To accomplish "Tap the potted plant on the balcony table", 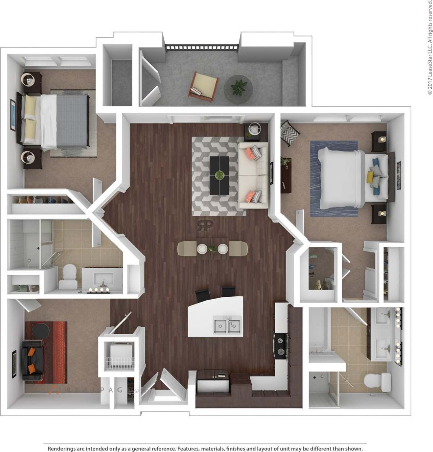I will tap(238, 87).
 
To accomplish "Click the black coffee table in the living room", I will tap(219, 175).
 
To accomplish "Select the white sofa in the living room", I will tap(253, 175).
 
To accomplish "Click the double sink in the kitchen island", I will tap(227, 324).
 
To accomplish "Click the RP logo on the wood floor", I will tap(205, 225).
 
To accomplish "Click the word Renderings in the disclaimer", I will tap(62, 449).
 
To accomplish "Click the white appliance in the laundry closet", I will tap(119, 351).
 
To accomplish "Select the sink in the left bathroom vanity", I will tap(103, 280).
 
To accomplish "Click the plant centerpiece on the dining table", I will tap(213, 249).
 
